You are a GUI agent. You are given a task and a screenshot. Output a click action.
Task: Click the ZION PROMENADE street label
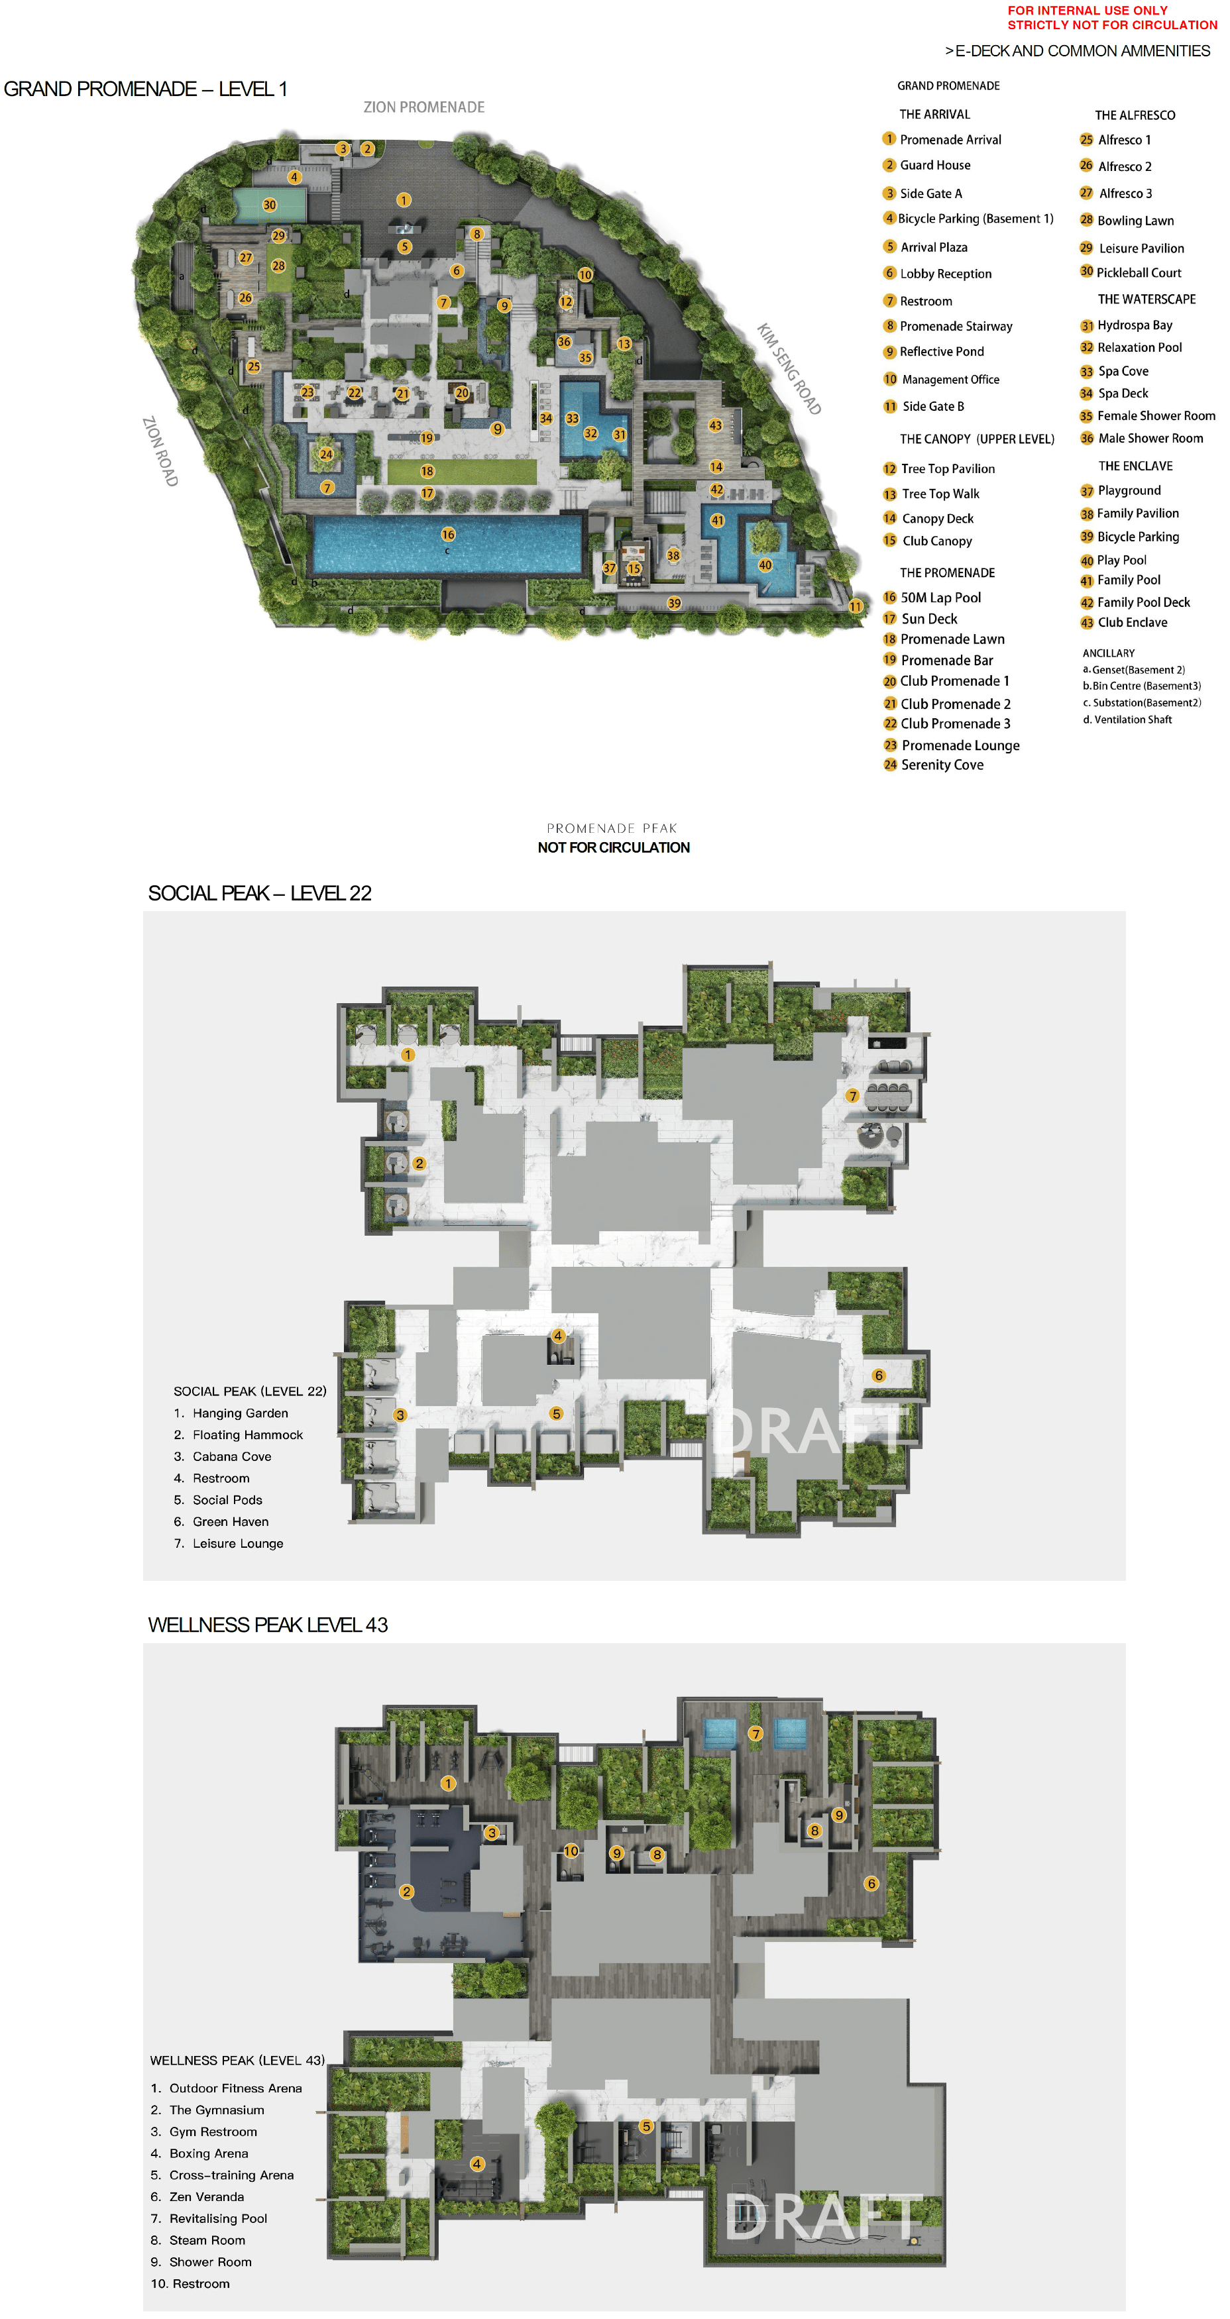tap(423, 107)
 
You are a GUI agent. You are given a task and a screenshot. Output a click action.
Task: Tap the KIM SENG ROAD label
tap(789, 368)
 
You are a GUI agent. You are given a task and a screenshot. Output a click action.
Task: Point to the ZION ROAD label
tap(160, 451)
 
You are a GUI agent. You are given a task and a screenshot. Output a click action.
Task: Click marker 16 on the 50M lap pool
tap(447, 535)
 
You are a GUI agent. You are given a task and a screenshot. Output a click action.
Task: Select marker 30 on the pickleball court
tap(269, 205)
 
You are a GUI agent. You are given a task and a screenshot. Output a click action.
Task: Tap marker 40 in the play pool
tap(765, 565)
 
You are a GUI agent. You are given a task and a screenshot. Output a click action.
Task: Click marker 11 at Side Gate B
tap(856, 607)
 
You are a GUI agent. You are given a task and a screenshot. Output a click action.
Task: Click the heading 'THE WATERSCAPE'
tap(1146, 299)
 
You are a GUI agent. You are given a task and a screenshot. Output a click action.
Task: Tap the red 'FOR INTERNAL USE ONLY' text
tap(1087, 11)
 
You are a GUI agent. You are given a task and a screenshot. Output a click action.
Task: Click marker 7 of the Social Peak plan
tap(852, 1097)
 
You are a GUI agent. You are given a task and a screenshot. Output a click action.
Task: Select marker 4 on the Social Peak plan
tap(558, 1336)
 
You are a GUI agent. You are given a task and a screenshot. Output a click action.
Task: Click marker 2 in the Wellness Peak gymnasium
tap(406, 1892)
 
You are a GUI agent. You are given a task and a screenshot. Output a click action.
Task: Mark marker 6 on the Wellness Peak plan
tap(871, 1883)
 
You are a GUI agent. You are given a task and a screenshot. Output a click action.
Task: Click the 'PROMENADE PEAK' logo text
tap(612, 828)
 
